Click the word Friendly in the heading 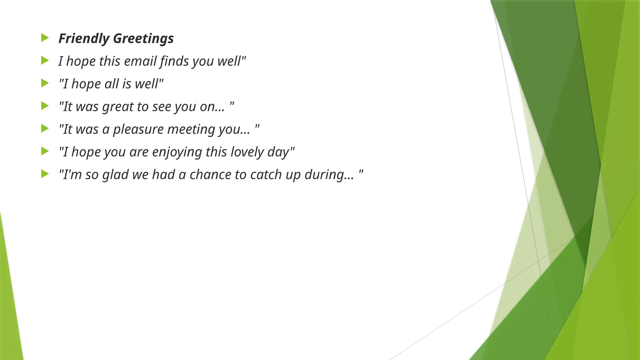(84, 38)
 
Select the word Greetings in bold (143, 38)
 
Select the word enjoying (177, 152)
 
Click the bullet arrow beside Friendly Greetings (45, 38)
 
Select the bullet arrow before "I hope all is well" (45, 83)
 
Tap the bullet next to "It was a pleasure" (45, 129)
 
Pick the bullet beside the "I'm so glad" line (45, 174)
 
